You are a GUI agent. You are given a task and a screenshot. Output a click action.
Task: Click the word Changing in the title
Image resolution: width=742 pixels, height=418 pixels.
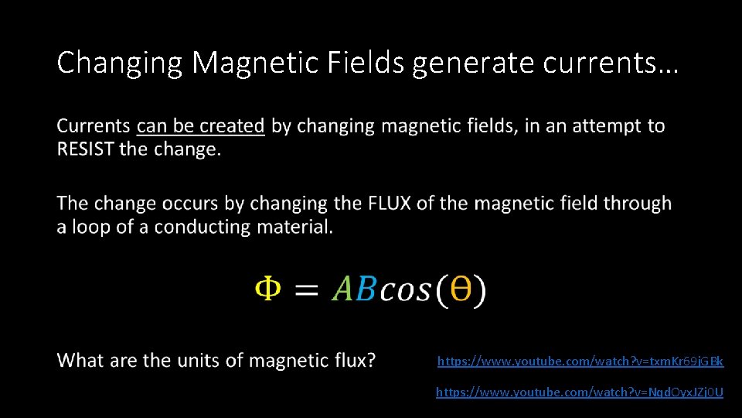pyautogui.click(x=120, y=63)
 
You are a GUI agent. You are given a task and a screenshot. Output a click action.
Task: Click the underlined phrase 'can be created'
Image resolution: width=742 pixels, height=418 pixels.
pyautogui.click(x=201, y=125)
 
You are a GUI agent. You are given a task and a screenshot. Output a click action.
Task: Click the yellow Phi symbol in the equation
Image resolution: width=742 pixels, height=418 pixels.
pyautogui.click(x=267, y=290)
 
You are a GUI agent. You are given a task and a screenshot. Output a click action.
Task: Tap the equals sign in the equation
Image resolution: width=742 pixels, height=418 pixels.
pyautogui.click(x=307, y=291)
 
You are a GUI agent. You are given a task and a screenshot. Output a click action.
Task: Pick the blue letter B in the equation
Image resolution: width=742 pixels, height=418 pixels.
pyautogui.click(x=366, y=290)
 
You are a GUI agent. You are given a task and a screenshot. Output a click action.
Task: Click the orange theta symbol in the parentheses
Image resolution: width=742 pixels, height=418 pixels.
pyautogui.click(x=461, y=290)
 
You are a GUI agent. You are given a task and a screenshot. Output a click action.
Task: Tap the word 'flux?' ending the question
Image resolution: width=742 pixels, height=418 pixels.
pyautogui.click(x=350, y=360)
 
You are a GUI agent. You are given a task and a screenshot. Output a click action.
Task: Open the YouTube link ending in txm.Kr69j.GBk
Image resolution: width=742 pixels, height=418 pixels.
pyautogui.click(x=580, y=361)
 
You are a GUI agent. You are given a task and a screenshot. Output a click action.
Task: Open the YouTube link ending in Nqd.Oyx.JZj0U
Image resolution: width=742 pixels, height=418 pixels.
pyautogui.click(x=580, y=392)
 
